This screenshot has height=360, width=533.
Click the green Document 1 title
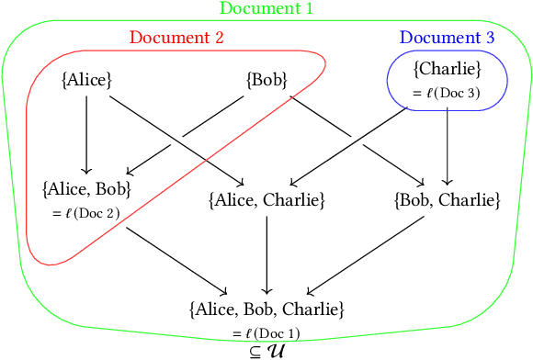point(266,10)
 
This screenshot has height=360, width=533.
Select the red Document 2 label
point(176,38)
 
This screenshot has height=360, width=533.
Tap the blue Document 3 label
point(447,38)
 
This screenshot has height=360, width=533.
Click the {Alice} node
point(86,80)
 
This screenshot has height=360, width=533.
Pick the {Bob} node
point(266,80)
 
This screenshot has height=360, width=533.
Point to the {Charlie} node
point(447,68)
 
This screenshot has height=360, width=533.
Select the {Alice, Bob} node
point(86,189)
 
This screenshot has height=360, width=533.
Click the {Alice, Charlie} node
point(266,198)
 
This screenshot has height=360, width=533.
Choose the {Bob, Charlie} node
point(447,198)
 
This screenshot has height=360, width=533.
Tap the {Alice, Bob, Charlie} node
point(266,308)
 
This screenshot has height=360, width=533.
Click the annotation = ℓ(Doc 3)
point(447,93)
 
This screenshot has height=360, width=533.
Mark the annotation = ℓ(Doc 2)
point(86,213)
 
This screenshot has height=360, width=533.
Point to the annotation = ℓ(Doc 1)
point(266,332)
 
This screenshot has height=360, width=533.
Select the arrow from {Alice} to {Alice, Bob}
point(86,133)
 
